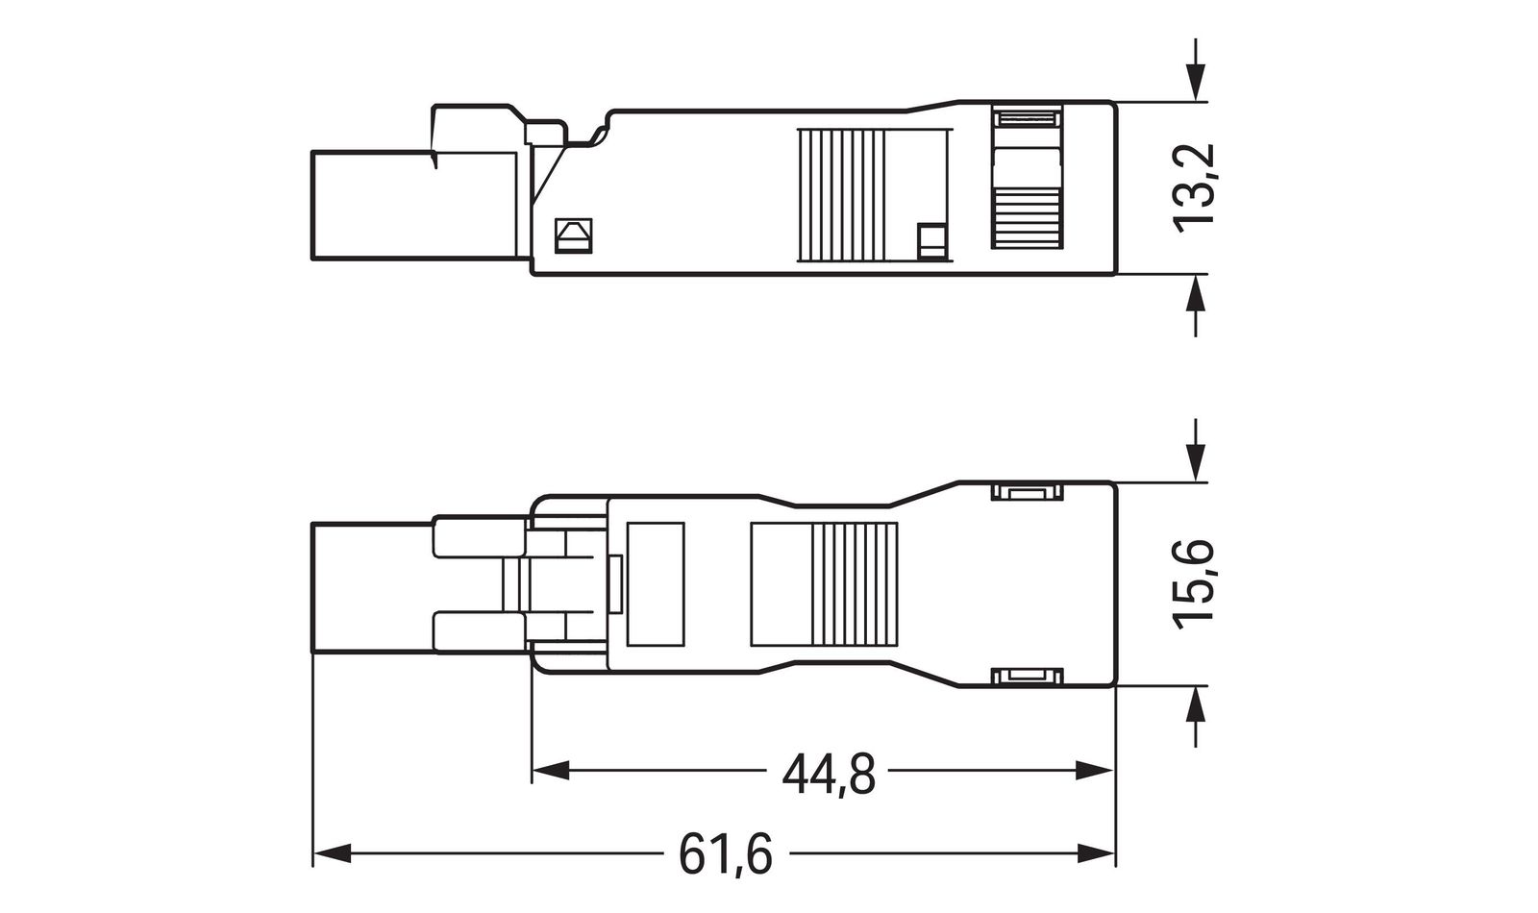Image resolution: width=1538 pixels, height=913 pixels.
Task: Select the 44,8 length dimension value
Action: [x=829, y=774]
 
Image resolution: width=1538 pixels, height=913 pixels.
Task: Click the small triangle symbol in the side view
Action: [x=574, y=235]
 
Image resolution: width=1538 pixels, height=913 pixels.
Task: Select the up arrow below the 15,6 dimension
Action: [x=1195, y=707]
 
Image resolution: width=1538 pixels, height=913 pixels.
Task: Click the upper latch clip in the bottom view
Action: [x=1028, y=494]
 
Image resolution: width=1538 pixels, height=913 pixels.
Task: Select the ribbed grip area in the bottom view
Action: [x=856, y=584]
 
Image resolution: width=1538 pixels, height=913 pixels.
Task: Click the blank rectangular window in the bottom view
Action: [x=655, y=584]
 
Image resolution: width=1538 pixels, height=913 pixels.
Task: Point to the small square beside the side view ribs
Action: [x=931, y=241]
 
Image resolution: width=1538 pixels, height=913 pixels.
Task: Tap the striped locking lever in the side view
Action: [x=1027, y=181]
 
